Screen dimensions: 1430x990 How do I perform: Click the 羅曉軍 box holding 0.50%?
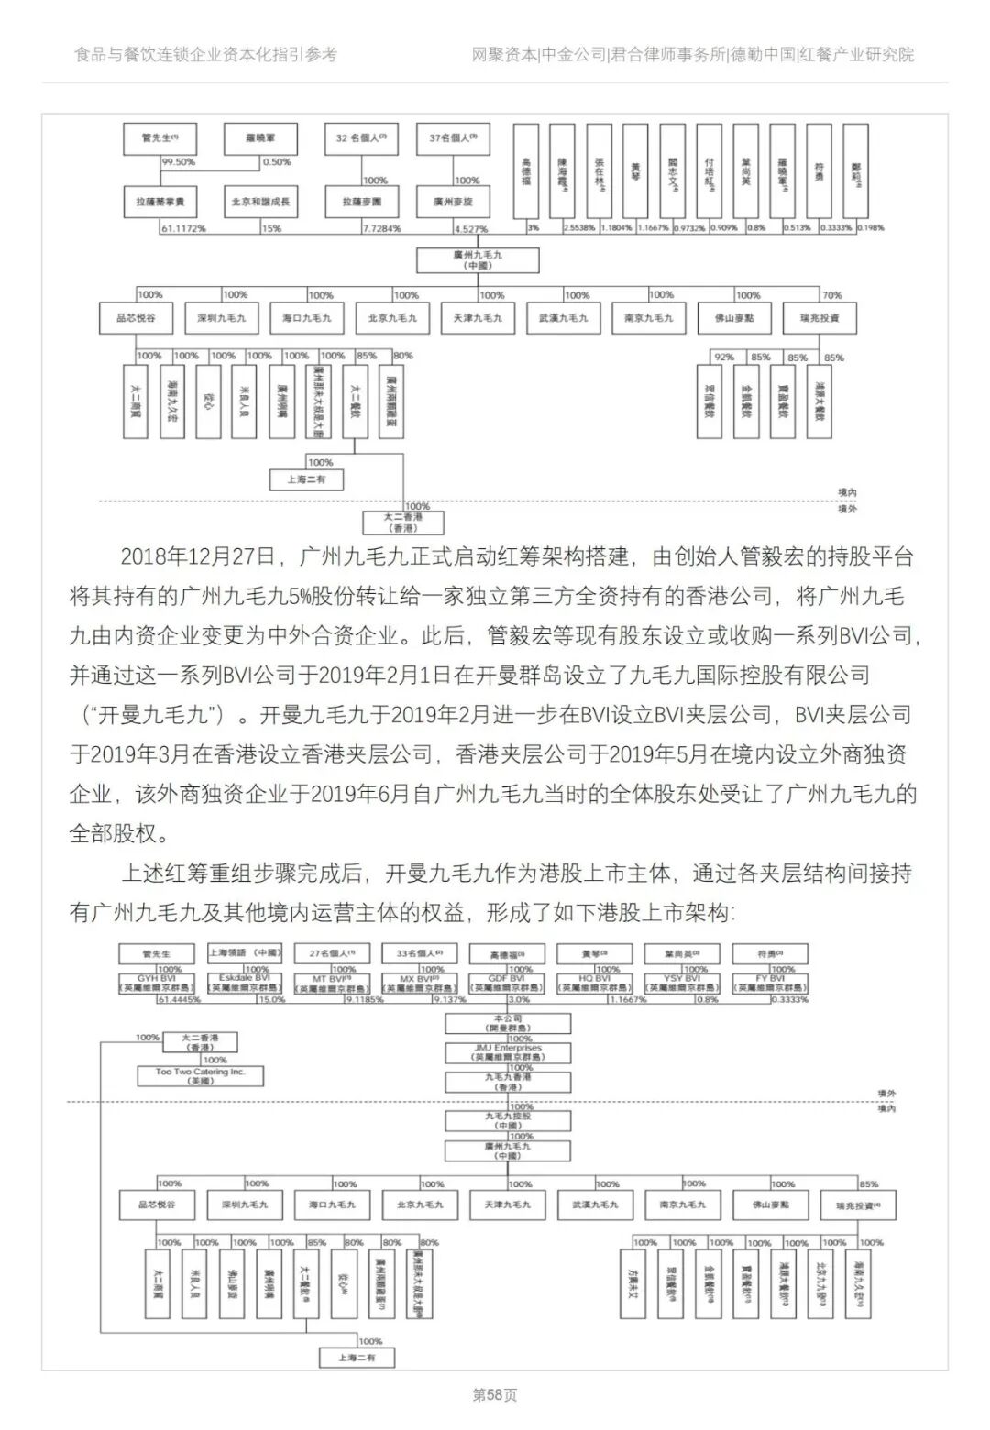(260, 138)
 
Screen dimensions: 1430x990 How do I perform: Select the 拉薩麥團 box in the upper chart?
(362, 201)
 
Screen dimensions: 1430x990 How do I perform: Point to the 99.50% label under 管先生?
(179, 162)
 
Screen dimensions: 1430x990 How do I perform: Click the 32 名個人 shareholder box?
(362, 138)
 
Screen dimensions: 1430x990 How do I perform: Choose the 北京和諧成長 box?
(260, 201)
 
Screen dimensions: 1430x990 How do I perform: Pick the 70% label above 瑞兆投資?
(831, 295)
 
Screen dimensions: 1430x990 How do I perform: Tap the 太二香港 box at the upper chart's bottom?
(403, 522)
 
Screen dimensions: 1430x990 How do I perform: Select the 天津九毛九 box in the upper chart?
(477, 318)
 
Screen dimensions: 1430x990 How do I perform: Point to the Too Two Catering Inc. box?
(201, 1076)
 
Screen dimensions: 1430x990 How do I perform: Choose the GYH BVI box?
(158, 984)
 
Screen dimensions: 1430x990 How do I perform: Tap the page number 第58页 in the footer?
(495, 1395)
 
